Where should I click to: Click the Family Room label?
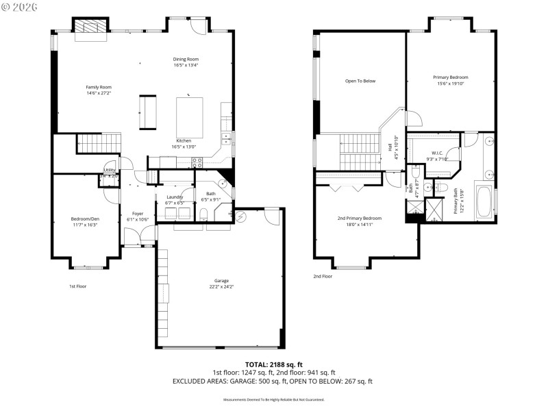click(x=99, y=87)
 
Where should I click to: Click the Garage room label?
click(x=221, y=281)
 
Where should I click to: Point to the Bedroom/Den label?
click(x=84, y=219)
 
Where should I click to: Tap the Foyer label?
click(x=138, y=214)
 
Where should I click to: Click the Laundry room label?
click(x=175, y=197)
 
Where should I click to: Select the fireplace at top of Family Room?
click(x=90, y=28)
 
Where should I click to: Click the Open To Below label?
click(x=360, y=81)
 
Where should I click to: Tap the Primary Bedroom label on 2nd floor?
click(x=450, y=77)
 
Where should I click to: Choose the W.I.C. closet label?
click(x=436, y=153)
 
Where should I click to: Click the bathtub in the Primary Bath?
click(x=484, y=199)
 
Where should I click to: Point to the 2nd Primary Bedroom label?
click(x=359, y=219)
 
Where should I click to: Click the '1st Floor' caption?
click(x=77, y=286)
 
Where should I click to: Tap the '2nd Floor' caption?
click(x=323, y=276)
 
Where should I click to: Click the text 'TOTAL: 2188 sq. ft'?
click(x=273, y=364)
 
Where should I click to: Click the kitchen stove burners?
click(x=197, y=162)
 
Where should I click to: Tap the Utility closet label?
click(x=110, y=170)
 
